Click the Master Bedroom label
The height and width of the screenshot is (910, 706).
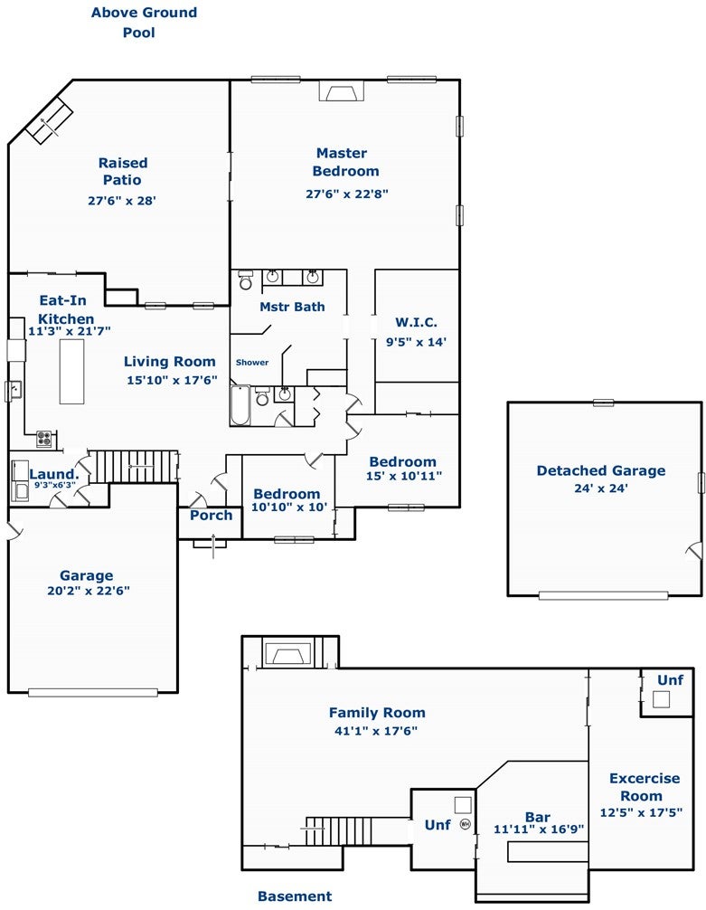point(345,162)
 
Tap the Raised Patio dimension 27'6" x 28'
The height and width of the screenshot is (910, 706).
point(122,201)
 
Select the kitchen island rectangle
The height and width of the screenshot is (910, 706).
point(72,372)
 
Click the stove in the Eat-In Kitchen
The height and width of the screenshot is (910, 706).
point(44,439)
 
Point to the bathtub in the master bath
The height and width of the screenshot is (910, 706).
point(240,405)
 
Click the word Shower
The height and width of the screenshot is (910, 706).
point(252,362)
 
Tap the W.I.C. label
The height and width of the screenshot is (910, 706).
point(416,323)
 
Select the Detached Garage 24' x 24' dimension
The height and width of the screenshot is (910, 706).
point(601,488)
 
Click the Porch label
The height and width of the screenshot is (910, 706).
point(212,516)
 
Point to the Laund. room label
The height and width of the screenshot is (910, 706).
point(54,474)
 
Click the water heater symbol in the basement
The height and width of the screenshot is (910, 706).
point(465,823)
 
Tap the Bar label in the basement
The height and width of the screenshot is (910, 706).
point(538,817)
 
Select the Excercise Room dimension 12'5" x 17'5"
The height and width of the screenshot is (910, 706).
point(641,812)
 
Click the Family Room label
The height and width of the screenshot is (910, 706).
point(377,713)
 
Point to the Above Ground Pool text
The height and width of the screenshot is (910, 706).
point(144,22)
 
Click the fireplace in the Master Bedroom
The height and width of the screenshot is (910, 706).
point(342,91)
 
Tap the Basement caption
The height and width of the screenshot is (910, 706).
point(295,896)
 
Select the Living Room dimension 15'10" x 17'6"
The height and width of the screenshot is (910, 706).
point(173,380)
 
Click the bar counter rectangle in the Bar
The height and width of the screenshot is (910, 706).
point(545,852)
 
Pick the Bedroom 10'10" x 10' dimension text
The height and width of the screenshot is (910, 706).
point(289,507)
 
